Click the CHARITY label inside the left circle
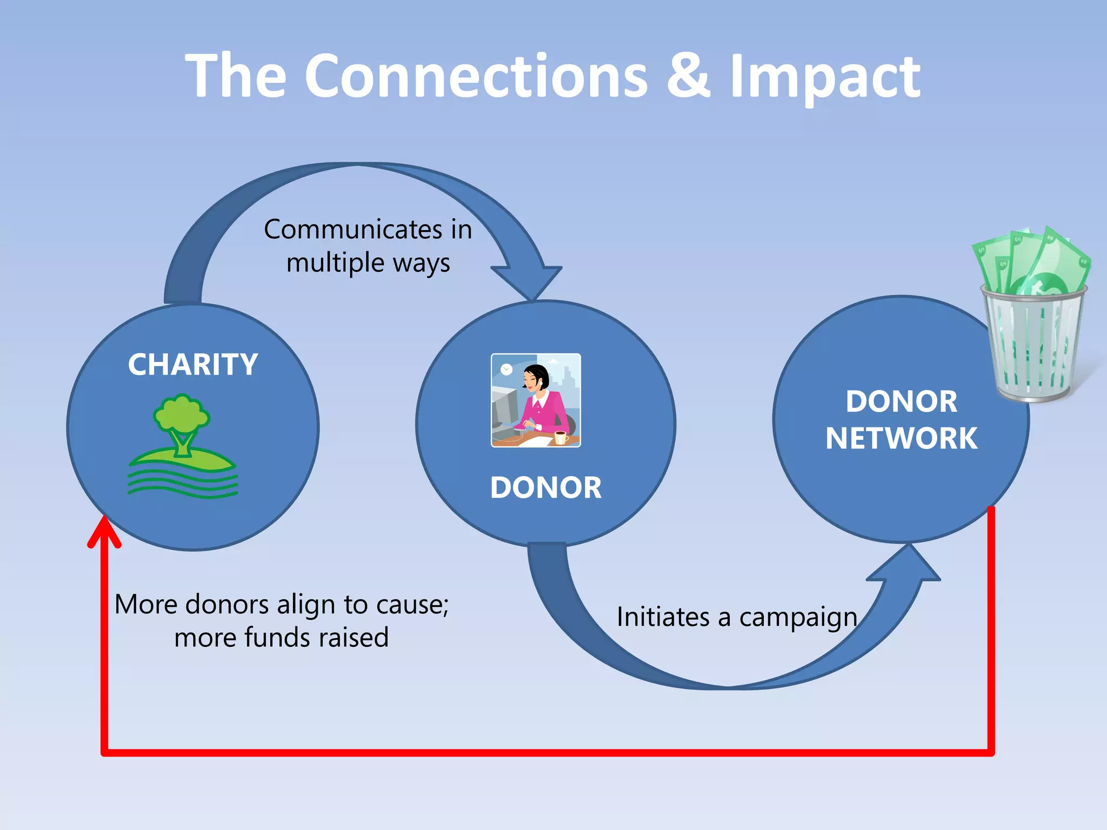pos(193,365)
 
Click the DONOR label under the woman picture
pos(545,487)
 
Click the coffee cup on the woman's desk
pos(561,436)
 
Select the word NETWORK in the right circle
pos(901,438)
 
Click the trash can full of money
pos(1033,346)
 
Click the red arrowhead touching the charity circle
pos(104,532)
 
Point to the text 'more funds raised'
pos(281,638)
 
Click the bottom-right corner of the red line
pos(991,752)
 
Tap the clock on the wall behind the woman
pos(506,370)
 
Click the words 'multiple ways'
pos(368,263)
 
